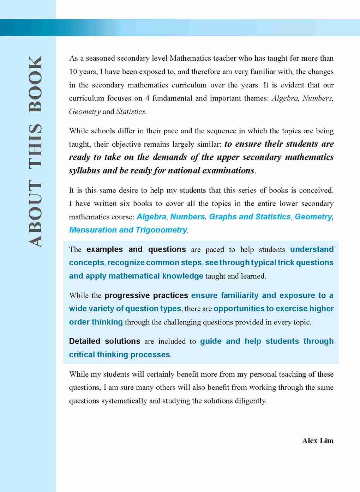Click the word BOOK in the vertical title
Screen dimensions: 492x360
(x=35, y=84)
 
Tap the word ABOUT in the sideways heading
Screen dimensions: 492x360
(x=35, y=213)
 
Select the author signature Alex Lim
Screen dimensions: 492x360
(x=318, y=441)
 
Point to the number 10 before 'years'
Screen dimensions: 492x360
(x=73, y=72)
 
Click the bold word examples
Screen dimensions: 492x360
(x=104, y=250)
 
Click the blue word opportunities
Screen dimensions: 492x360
(x=239, y=309)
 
